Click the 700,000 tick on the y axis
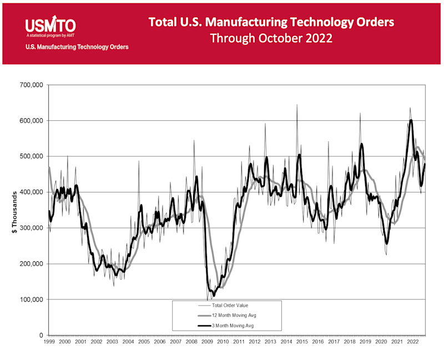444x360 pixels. click(31, 85)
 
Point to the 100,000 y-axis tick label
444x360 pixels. click(31, 300)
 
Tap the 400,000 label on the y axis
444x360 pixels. click(31, 192)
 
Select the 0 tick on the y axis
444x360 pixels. click(41, 336)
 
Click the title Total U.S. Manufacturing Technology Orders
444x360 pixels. click(271, 22)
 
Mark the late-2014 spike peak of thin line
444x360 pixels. click(296, 105)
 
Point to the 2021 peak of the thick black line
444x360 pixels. click(411, 120)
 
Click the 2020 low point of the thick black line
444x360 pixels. click(387, 242)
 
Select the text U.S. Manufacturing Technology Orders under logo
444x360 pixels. click(77, 47)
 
